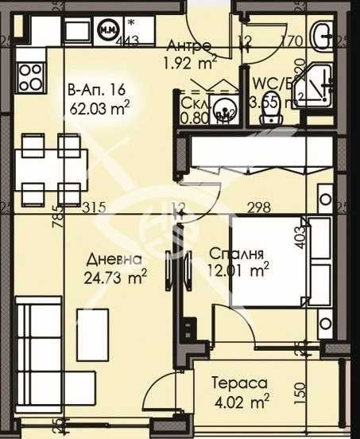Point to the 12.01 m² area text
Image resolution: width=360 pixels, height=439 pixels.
(x=239, y=271)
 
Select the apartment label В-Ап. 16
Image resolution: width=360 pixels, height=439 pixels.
(x=96, y=90)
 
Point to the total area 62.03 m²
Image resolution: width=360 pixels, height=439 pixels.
(x=99, y=105)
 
